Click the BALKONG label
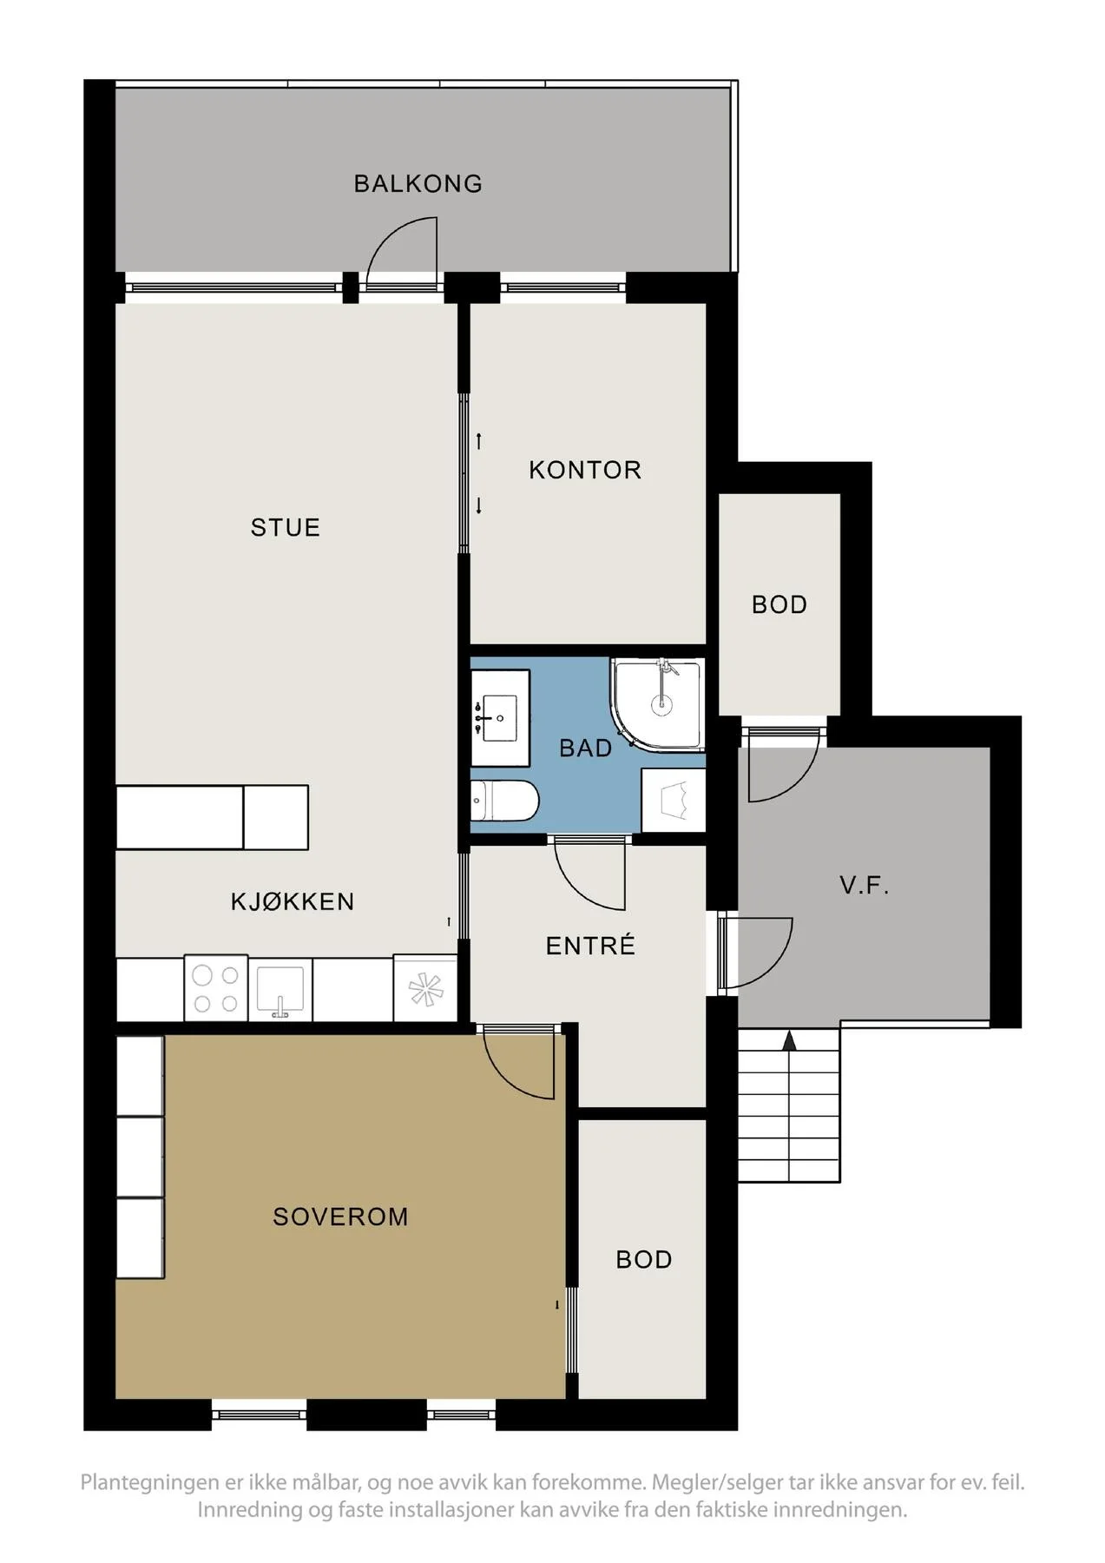(418, 184)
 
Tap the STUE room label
(286, 528)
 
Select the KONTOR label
(585, 471)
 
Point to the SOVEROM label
(340, 1217)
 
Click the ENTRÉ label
(590, 946)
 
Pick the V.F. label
(865, 887)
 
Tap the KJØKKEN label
(293, 901)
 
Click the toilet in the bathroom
(504, 801)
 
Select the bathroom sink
(499, 718)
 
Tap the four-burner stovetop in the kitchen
(216, 989)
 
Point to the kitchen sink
(280, 990)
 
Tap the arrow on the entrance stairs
(789, 1041)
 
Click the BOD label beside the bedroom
(644, 1260)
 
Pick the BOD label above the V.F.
(779, 605)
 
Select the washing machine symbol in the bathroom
(673, 800)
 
